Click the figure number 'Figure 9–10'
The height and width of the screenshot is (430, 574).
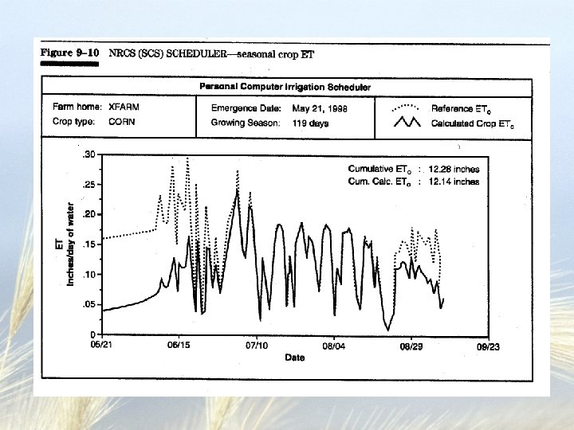click(x=70, y=53)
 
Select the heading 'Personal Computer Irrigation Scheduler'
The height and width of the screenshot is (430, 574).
click(x=285, y=87)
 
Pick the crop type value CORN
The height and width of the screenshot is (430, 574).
click(x=122, y=123)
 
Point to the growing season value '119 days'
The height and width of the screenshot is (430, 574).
click(x=309, y=123)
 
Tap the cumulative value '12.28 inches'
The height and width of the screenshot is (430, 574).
click(x=454, y=169)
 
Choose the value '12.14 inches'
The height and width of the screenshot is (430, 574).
click(x=454, y=182)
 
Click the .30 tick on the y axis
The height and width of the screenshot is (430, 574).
click(x=90, y=154)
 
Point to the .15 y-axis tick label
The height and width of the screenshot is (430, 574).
click(x=90, y=244)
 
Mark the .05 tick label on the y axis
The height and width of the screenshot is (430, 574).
click(x=90, y=304)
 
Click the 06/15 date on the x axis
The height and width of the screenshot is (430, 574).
click(x=178, y=346)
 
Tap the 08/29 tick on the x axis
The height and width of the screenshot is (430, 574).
click(x=411, y=346)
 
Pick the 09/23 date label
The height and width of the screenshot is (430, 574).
click(x=488, y=346)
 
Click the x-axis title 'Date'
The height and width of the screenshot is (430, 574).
click(x=295, y=358)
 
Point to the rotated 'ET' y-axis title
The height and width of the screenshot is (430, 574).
click(x=60, y=245)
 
